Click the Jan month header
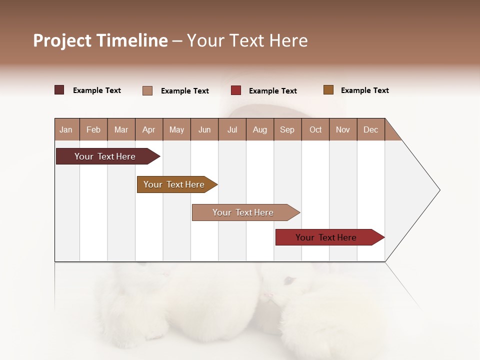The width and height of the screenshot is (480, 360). (66, 129)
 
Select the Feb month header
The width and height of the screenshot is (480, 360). (93, 129)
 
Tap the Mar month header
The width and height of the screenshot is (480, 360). (121, 129)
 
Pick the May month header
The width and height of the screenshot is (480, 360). (176, 129)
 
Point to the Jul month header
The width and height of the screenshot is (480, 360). (232, 129)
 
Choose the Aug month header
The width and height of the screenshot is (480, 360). (259, 129)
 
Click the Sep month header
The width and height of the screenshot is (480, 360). (287, 129)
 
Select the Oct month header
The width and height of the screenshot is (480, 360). (315, 129)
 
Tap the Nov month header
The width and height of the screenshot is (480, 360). (343, 129)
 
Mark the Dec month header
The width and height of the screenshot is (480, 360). (370, 129)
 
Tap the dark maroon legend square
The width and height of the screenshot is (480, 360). (59, 90)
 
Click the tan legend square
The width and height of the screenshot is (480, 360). (147, 90)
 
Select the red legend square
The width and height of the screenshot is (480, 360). (236, 90)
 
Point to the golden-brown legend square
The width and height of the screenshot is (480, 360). (328, 90)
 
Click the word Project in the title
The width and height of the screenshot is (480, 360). (62, 40)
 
